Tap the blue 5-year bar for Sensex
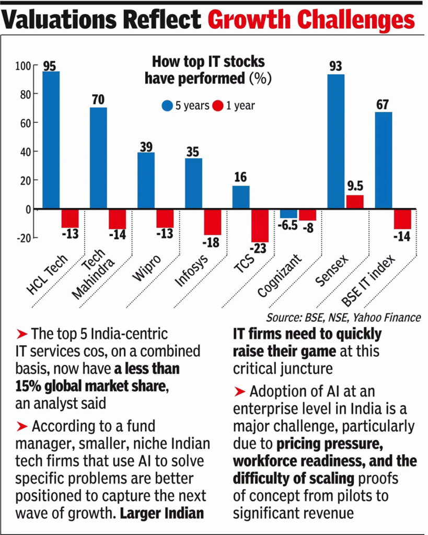click(336, 142)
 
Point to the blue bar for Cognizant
click(288, 213)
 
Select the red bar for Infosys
click(212, 222)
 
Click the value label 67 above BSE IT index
click(383, 104)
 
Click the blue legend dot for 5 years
click(167, 106)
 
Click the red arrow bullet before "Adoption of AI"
click(239, 391)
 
